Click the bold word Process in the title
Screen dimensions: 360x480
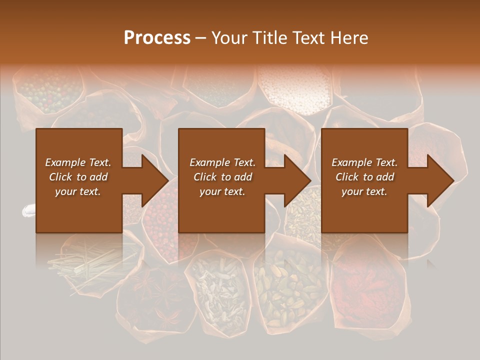tap(157, 38)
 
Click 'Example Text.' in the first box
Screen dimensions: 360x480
tap(78, 162)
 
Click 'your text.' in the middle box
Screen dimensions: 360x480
tap(222, 191)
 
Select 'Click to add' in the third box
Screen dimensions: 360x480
tap(364, 177)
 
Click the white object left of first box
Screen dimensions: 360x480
tap(28, 211)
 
